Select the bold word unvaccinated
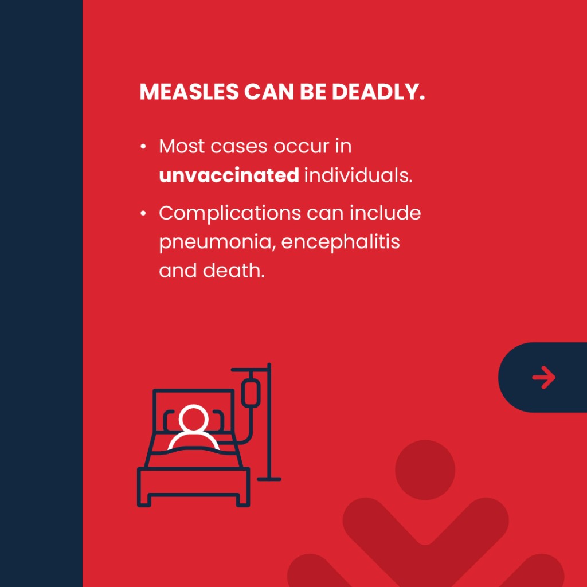(x=229, y=175)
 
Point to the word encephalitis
(x=341, y=242)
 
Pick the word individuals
(x=358, y=175)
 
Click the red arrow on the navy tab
(x=543, y=377)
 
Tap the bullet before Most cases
(x=143, y=147)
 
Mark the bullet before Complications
(x=143, y=213)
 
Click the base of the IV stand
(x=268, y=478)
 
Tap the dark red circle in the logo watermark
(x=425, y=469)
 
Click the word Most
(x=179, y=147)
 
